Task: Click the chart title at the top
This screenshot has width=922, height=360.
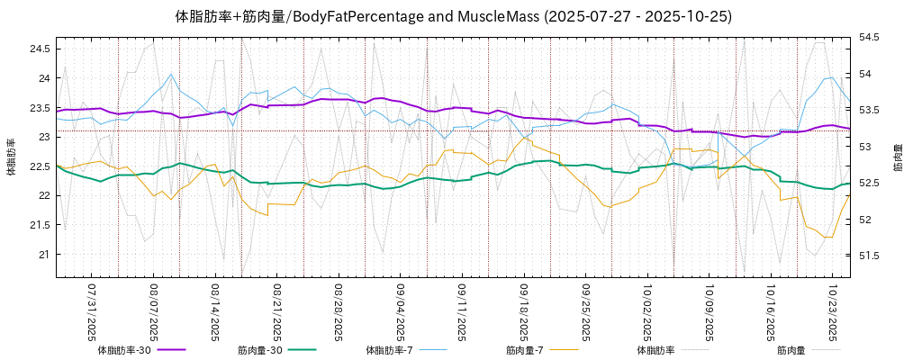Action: [x=453, y=16]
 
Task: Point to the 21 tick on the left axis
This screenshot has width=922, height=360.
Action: [x=42, y=255]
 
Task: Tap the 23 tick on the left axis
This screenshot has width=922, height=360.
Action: [x=42, y=137]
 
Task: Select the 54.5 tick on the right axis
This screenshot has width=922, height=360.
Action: [x=870, y=37]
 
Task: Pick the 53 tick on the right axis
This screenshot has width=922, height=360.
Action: [x=865, y=147]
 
